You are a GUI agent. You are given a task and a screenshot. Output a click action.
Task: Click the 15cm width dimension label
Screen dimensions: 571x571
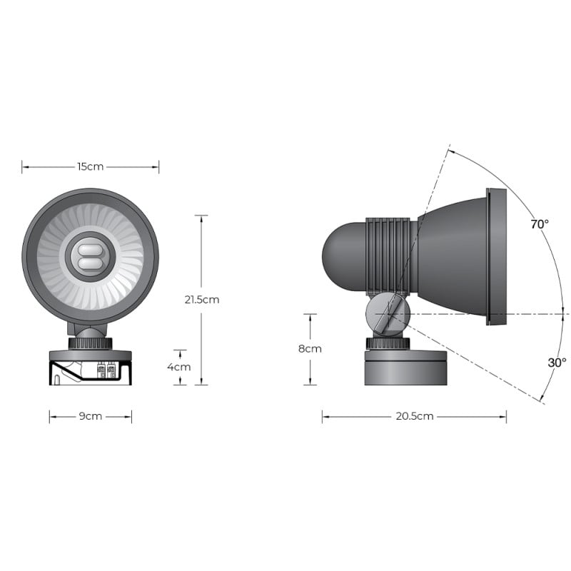coord(90,166)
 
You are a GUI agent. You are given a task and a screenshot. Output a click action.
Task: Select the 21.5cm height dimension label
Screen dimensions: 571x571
coord(201,299)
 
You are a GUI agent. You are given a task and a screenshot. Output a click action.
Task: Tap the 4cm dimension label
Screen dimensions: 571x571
coord(179,367)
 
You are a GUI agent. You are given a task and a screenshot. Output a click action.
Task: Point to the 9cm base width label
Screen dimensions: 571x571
coord(90,416)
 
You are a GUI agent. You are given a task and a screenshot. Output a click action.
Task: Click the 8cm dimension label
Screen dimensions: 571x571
coord(310,349)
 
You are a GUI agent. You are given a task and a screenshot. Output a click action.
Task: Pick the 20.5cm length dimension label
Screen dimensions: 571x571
coord(414,416)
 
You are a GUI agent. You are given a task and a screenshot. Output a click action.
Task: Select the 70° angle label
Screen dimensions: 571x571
coord(540,224)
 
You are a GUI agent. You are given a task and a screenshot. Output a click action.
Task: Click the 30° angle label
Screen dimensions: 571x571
coord(557,363)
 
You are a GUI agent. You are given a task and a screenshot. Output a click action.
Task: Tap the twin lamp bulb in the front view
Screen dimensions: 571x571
coord(90,257)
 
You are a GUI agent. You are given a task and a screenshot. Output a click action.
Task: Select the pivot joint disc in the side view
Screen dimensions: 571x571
coord(388,315)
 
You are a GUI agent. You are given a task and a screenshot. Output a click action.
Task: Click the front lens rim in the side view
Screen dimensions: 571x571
coord(496,257)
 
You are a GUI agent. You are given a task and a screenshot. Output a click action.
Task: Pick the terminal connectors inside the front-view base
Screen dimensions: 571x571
coord(106,370)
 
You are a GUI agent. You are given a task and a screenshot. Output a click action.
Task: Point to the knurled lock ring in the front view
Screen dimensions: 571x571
coord(90,343)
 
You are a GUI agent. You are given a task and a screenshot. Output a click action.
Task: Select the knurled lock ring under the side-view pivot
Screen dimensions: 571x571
coord(388,343)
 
